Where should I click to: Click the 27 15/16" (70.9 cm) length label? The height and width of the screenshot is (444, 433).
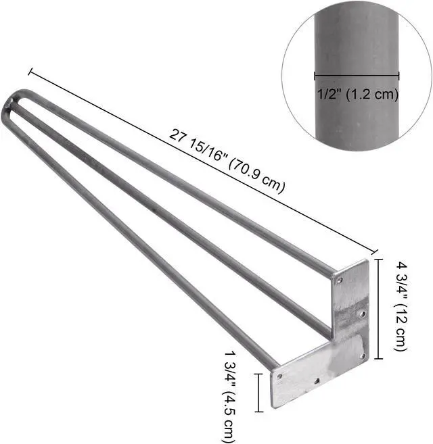pos(227,162)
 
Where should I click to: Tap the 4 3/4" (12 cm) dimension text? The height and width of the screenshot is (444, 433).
pos(401,306)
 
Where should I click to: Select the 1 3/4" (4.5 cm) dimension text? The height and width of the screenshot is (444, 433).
pos(229,397)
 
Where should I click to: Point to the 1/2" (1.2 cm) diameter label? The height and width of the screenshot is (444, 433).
pos(358,94)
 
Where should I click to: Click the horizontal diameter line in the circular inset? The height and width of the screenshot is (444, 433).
pos(357,76)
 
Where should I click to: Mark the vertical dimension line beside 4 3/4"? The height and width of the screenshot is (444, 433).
pos(379,309)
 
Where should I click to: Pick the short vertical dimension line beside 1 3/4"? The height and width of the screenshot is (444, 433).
pos(258,393)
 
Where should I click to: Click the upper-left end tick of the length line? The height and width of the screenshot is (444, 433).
pos(30,72)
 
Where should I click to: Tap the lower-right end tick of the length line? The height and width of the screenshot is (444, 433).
pos(375,251)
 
